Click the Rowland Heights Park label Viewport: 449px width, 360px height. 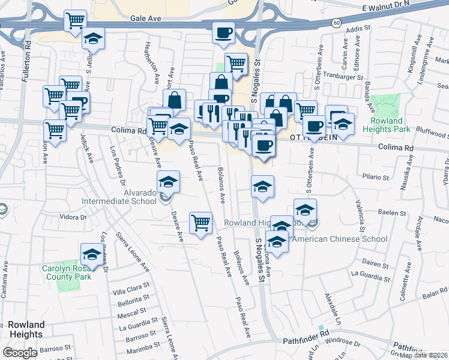click(x=386, y=125)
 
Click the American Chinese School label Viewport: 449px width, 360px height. click(x=339, y=239)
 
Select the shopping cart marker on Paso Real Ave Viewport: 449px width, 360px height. click(x=200, y=223)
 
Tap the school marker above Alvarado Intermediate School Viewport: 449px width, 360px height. click(x=169, y=181)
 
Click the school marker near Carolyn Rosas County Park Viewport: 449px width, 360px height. click(x=92, y=255)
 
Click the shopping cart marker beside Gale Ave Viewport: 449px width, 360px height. click(x=76, y=22)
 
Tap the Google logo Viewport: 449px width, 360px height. click(x=20, y=353)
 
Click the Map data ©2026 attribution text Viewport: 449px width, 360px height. click(x=424, y=355)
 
